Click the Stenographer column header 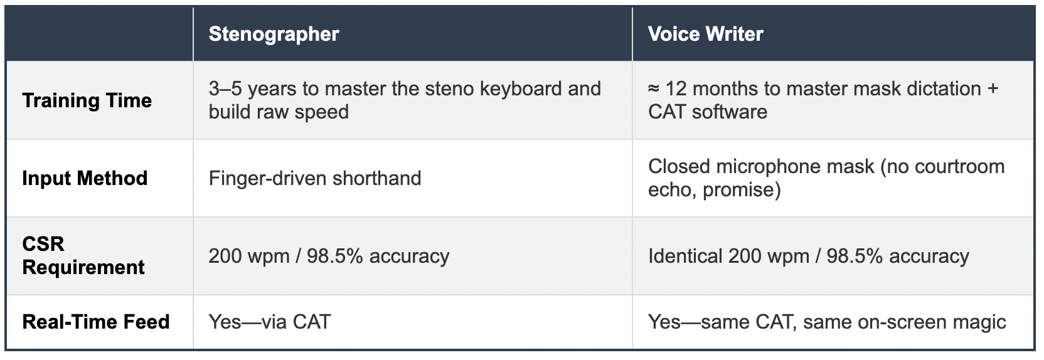tap(274, 34)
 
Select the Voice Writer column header tap(706, 34)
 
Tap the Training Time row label tap(87, 100)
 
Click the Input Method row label tap(85, 178)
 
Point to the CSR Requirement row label tap(83, 255)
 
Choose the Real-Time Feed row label tap(96, 322)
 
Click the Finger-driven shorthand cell tap(315, 178)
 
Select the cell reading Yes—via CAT tap(270, 322)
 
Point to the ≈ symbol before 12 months tap(653, 89)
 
